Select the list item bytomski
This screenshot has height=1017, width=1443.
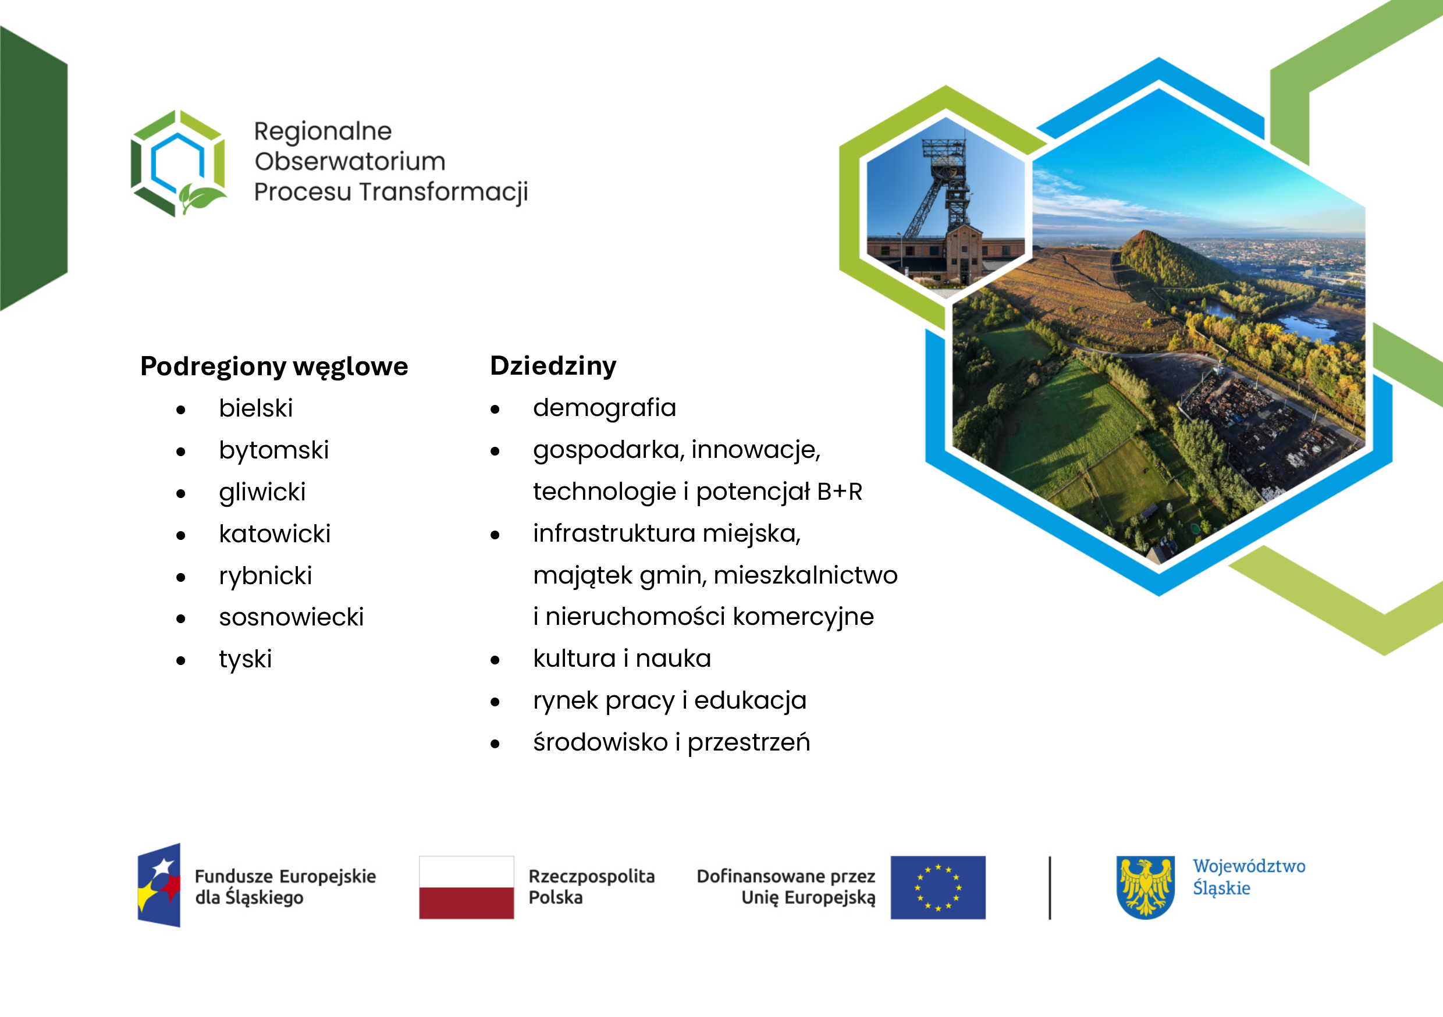[274, 451]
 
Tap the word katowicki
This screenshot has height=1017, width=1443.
[275, 534]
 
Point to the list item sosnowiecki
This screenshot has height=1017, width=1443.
[291, 617]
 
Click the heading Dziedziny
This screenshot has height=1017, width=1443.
[553, 366]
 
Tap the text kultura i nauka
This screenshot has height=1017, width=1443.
[622, 659]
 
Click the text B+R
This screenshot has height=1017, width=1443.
[840, 492]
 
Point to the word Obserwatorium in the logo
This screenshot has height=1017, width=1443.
[350, 162]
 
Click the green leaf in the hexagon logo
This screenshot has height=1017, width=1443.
[201, 198]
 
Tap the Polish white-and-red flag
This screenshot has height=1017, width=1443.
[466, 887]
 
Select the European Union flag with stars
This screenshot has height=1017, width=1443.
[938, 887]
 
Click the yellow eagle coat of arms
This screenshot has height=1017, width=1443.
[1146, 887]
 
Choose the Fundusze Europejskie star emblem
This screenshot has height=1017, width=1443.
[159, 885]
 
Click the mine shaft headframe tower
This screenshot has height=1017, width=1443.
[943, 189]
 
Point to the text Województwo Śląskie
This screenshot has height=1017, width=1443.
[1249, 877]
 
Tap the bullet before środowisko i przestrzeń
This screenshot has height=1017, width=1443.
[495, 744]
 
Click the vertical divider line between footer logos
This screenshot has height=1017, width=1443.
[1050, 887]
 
